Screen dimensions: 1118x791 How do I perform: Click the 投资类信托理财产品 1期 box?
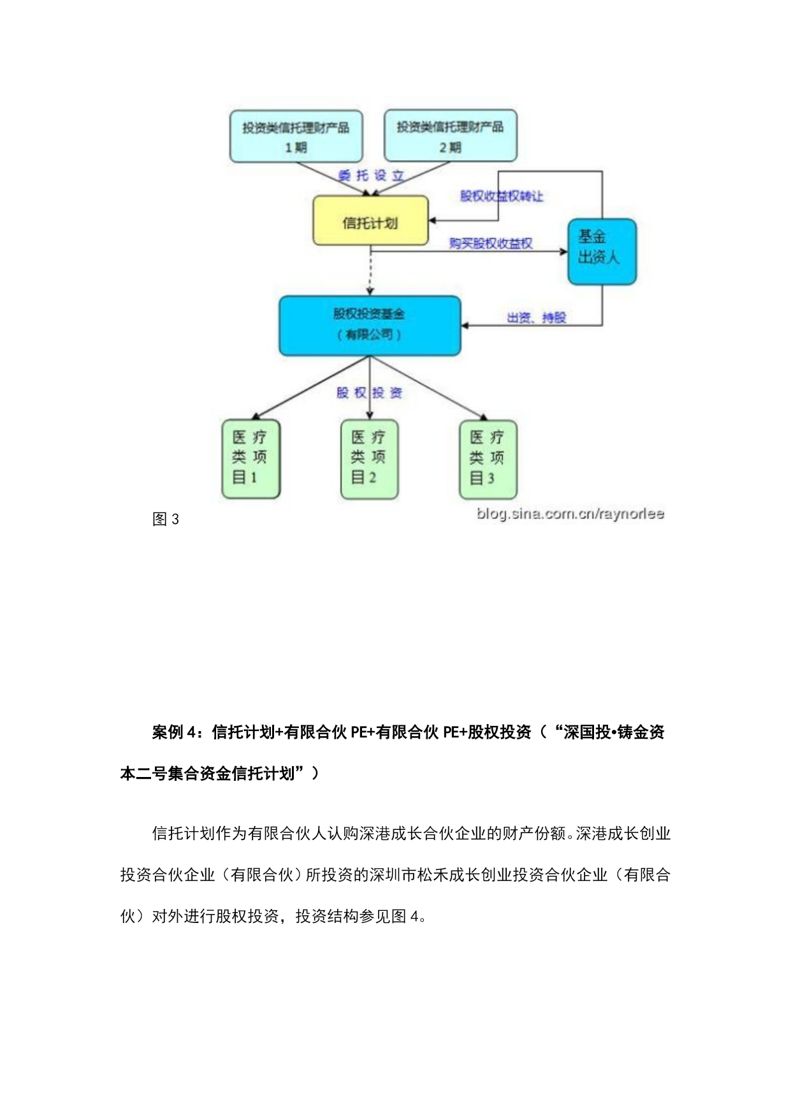click(x=296, y=136)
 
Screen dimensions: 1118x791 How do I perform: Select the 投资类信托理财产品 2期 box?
click(x=450, y=136)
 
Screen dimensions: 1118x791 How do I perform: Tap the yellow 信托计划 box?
click(x=370, y=221)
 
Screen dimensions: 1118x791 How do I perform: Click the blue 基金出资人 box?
click(x=602, y=251)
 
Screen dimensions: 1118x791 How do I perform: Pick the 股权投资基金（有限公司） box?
click(x=370, y=325)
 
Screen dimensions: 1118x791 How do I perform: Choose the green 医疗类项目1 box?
click(x=250, y=458)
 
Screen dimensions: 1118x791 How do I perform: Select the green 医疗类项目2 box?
click(x=369, y=458)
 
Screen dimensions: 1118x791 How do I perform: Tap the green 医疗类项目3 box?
click(x=488, y=458)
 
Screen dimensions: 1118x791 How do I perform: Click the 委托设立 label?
click(x=371, y=176)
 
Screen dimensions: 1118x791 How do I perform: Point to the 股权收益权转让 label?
click(x=502, y=196)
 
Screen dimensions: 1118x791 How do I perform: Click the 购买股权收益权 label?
click(x=491, y=243)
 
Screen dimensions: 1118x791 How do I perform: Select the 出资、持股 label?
click(x=536, y=317)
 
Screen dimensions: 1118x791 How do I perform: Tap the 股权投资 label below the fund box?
click(x=370, y=393)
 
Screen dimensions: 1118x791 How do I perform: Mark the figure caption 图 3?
click(x=166, y=519)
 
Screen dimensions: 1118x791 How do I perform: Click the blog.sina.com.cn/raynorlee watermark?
click(x=570, y=514)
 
